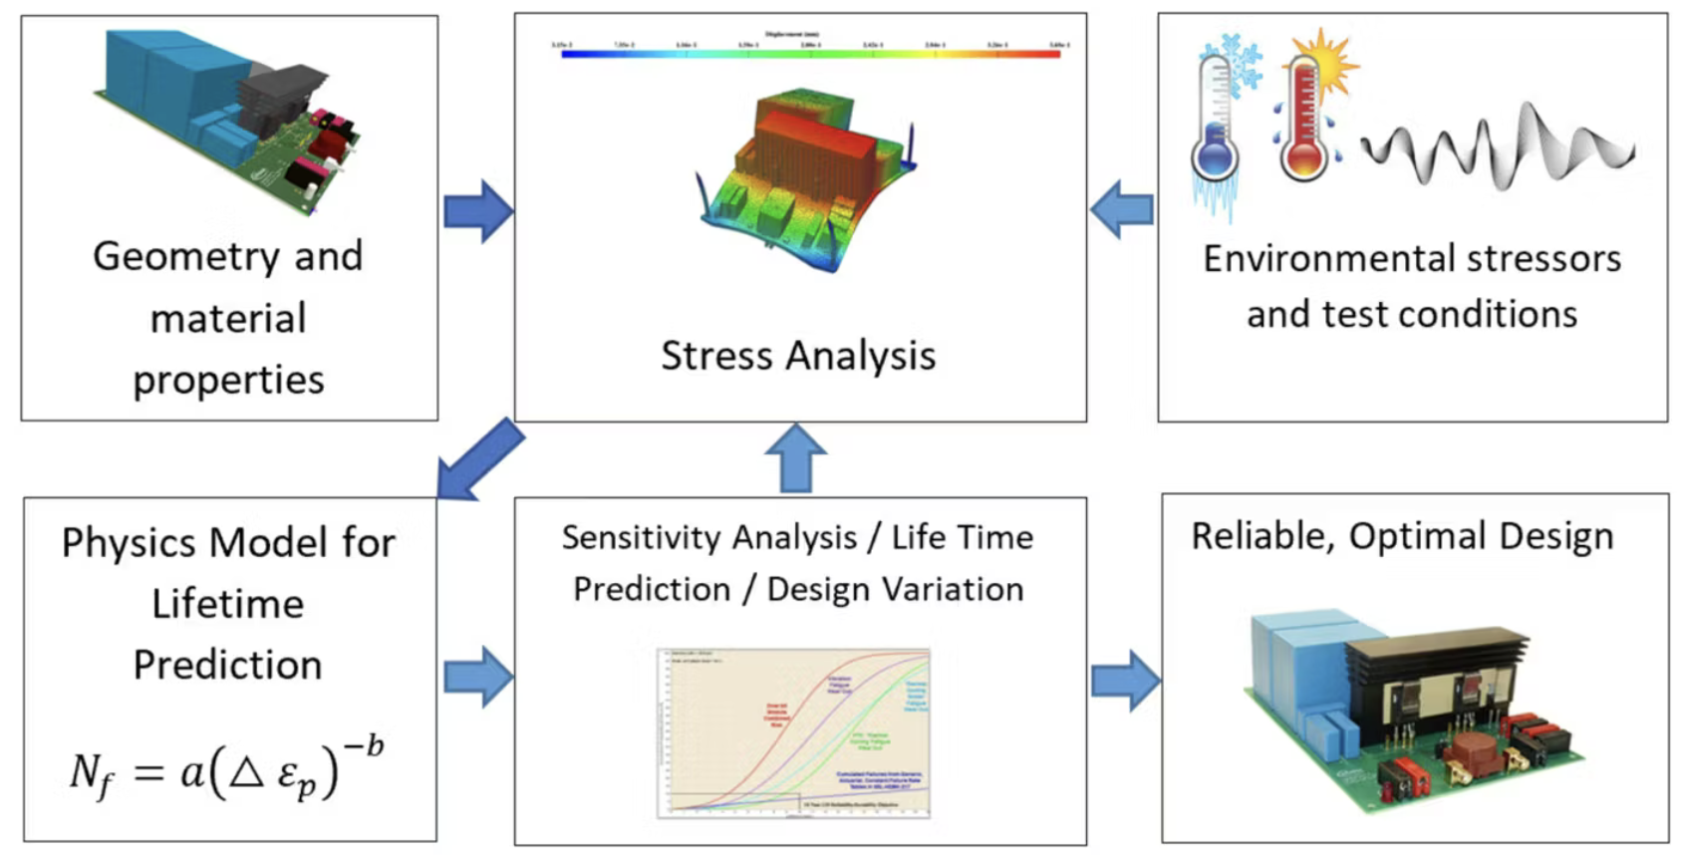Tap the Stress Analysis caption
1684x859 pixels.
coord(798,356)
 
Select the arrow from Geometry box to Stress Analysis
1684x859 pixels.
coord(477,211)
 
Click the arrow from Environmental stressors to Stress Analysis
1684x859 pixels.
coord(1122,209)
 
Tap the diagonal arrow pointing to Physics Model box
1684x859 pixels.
coord(481,458)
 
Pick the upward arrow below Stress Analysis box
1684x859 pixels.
coord(795,457)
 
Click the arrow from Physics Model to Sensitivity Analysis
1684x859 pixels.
coord(477,677)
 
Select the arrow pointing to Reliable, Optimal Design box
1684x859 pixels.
coord(1126,681)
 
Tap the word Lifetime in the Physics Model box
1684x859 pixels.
coord(227,604)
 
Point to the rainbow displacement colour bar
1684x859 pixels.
coord(810,54)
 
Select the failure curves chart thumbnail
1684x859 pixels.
coord(794,733)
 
